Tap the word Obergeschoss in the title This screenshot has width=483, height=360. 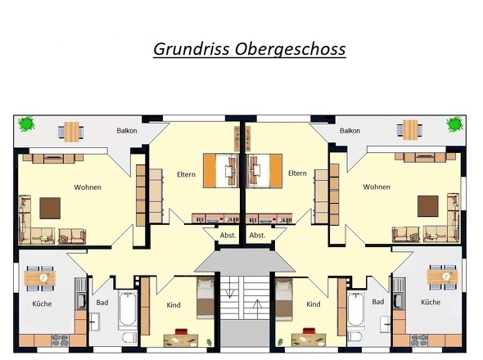coord(296,50)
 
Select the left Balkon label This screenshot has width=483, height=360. coord(126,131)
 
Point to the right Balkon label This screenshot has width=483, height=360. coord(350,131)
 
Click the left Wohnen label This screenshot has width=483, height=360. coord(87,187)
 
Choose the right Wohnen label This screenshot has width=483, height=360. coord(377,187)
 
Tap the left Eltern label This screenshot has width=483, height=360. coord(186,173)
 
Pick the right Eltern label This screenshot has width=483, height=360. coord(297,173)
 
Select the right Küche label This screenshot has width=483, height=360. coord(430,303)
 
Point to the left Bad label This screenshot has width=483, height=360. coord(102,303)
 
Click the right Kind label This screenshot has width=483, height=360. coord(313,304)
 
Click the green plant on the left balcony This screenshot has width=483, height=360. coord(27,124)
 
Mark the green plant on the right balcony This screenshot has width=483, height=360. coord(454,124)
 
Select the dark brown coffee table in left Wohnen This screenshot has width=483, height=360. coord(51,205)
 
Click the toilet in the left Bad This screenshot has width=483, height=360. coord(127,338)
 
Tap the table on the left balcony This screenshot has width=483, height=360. coord(72,129)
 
